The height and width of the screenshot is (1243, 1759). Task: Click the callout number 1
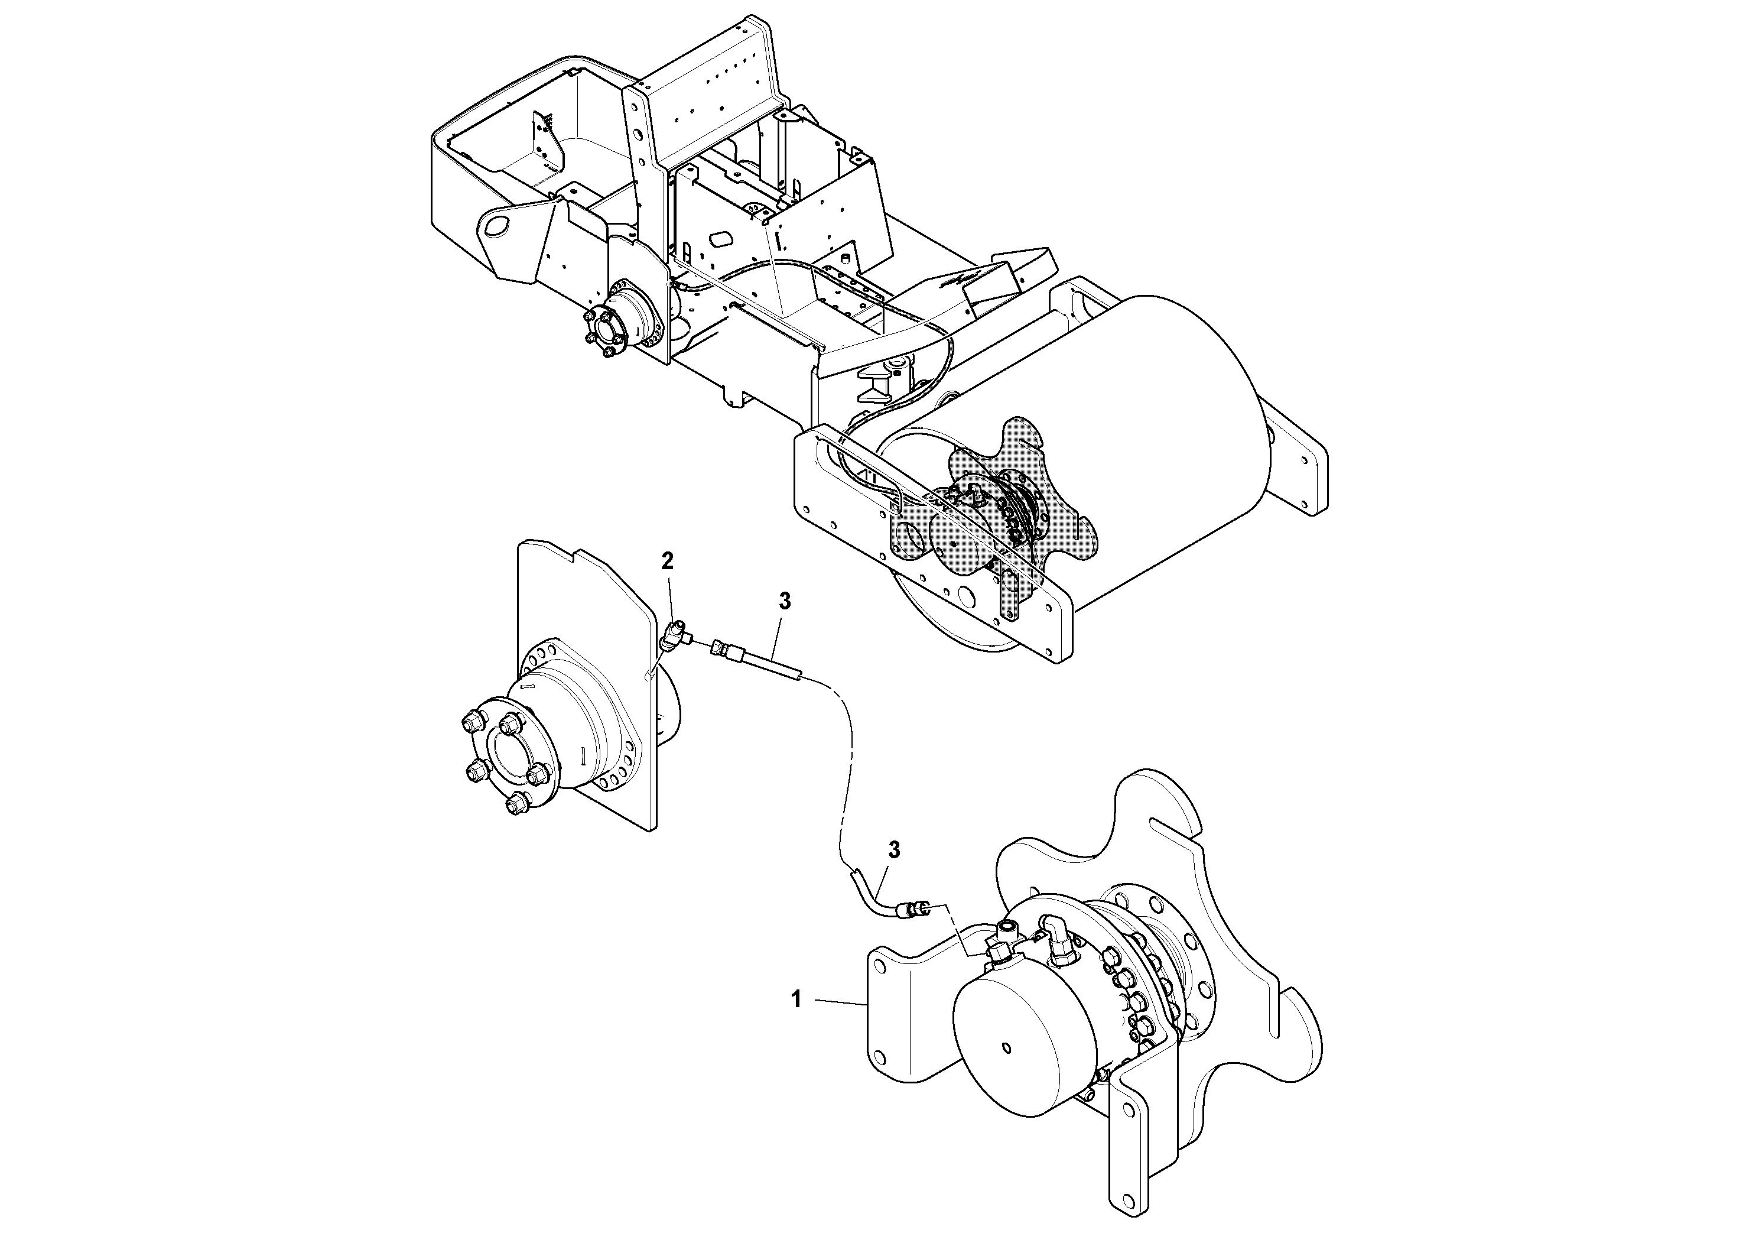[796, 999]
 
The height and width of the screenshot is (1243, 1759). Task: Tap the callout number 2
[667, 562]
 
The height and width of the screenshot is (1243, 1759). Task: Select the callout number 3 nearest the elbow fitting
[785, 602]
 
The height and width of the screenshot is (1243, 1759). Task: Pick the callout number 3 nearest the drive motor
[893, 850]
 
